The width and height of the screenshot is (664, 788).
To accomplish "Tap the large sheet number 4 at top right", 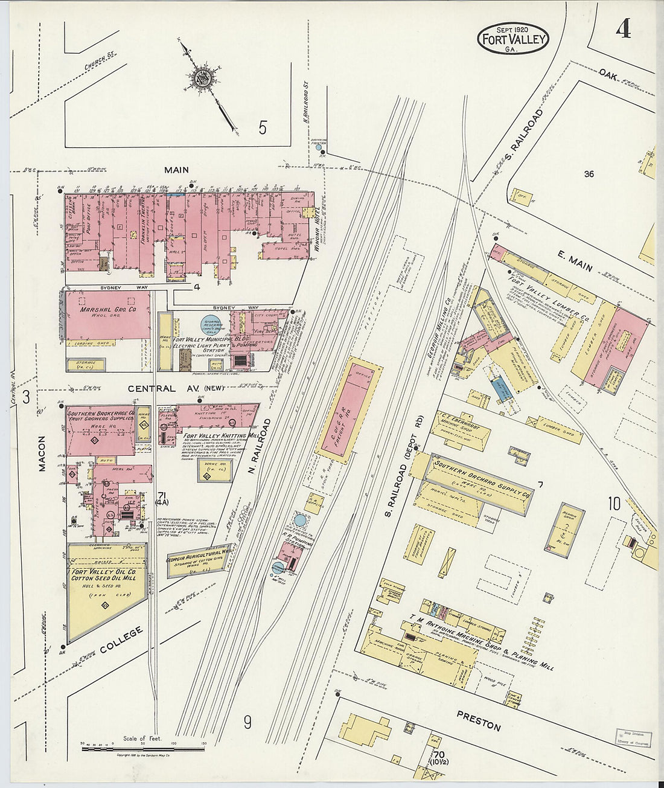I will (623, 29).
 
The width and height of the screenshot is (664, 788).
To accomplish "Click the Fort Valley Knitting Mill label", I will (214, 435).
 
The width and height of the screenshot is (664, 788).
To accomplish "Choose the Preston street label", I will (478, 721).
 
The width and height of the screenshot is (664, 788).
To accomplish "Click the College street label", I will (121, 640).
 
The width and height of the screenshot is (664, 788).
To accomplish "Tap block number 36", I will (589, 174).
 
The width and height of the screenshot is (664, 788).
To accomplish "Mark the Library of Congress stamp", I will (633, 738).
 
